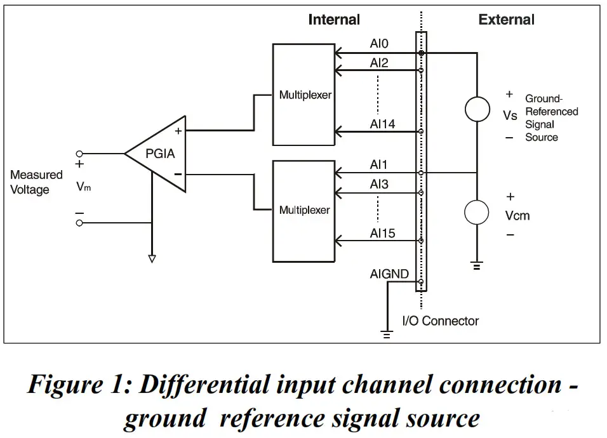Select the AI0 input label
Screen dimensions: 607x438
click(379, 43)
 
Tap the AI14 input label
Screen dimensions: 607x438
click(382, 124)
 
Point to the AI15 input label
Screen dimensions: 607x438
click(382, 234)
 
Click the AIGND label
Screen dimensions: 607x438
click(389, 274)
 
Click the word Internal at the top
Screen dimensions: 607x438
click(334, 20)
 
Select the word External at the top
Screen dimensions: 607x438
click(506, 20)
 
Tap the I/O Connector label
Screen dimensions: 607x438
click(441, 321)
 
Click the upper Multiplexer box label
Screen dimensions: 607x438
click(305, 95)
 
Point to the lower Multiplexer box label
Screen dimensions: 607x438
click(305, 210)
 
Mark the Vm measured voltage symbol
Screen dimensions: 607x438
click(84, 187)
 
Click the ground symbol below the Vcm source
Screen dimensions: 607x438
click(477, 266)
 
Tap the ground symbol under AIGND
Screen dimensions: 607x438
click(387, 335)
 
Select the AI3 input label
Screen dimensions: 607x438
click(379, 184)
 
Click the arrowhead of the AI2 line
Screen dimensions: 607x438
click(338, 70)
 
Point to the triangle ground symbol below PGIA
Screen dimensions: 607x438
click(152, 259)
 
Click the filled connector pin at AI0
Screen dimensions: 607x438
click(421, 53)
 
